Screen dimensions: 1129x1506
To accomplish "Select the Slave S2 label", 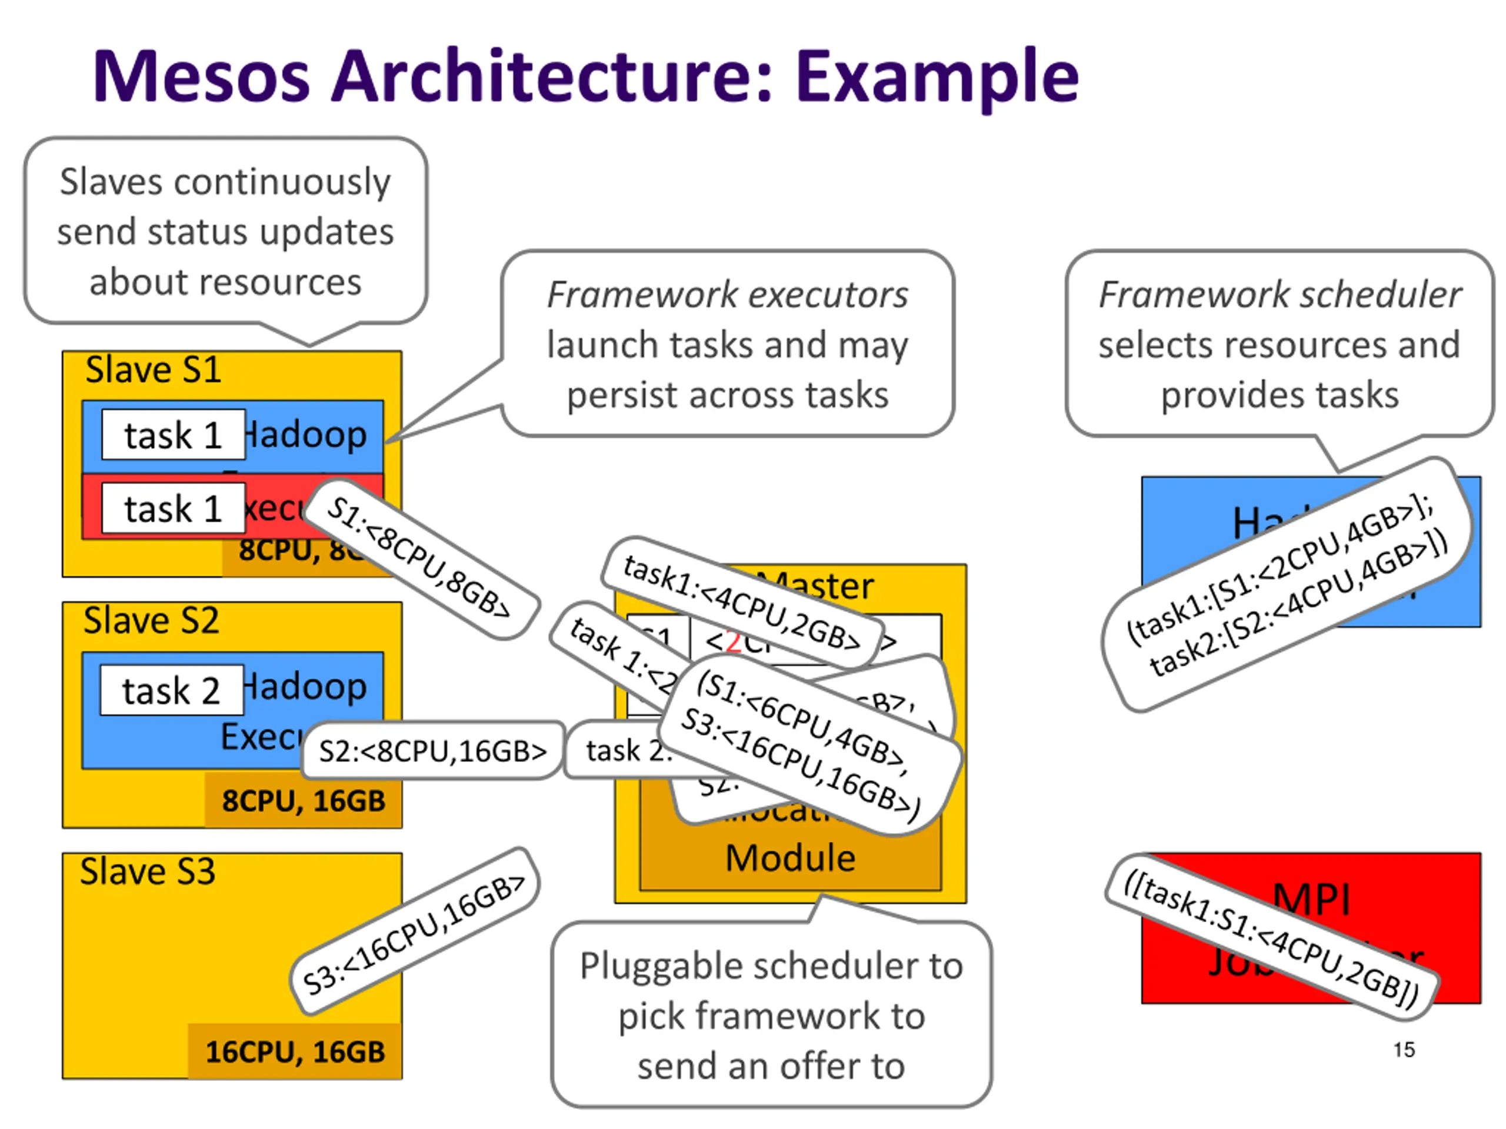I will pos(151,620).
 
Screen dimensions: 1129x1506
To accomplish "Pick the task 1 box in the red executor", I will pos(173,509).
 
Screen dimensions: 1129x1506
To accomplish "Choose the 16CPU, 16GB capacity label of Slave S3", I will pos(295,1051).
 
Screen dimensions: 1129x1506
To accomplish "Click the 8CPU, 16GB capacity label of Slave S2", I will pos(304,800).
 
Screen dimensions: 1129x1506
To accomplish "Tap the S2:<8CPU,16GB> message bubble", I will pos(433,751).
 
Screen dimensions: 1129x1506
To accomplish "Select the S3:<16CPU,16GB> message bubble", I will pos(414,933).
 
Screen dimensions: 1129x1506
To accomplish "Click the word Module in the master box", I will pos(789,857).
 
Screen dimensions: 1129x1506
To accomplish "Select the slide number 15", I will pos(1403,1050).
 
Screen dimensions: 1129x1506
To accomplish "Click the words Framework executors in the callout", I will pos(727,295).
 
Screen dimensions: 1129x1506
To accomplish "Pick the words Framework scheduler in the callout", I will pos(1280,295).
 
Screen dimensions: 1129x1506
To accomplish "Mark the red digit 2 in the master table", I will pos(733,641).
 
